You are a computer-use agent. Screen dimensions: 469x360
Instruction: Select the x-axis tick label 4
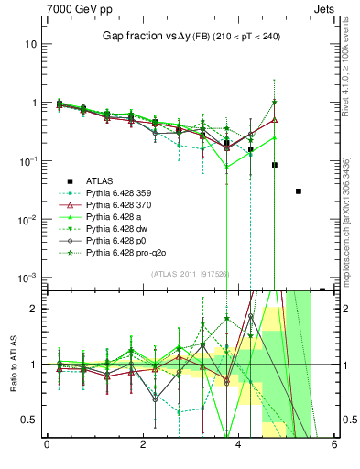tap(238, 445)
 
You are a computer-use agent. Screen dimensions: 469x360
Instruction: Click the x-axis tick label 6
tap(334, 445)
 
